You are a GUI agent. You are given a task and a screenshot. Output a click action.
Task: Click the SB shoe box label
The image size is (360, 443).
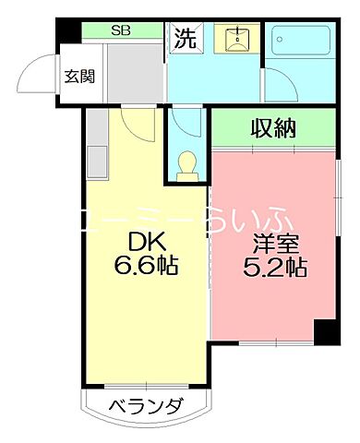(x=121, y=30)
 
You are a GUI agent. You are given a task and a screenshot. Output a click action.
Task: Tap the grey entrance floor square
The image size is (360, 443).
(x=126, y=72)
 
